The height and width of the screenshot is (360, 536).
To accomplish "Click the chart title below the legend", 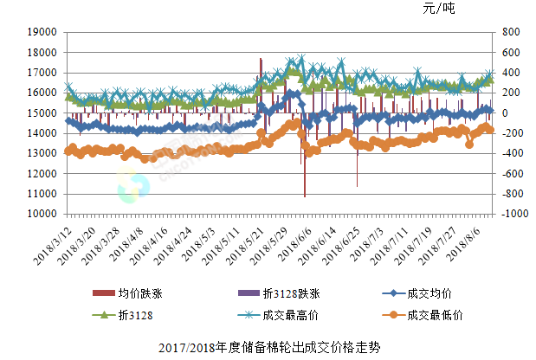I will [269, 348].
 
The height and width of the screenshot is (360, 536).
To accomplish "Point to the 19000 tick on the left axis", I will [42, 32].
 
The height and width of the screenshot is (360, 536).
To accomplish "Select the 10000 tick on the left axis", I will [42, 214].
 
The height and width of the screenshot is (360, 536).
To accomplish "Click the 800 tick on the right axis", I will [508, 32].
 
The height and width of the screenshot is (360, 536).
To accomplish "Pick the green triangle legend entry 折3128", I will [133, 315].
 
